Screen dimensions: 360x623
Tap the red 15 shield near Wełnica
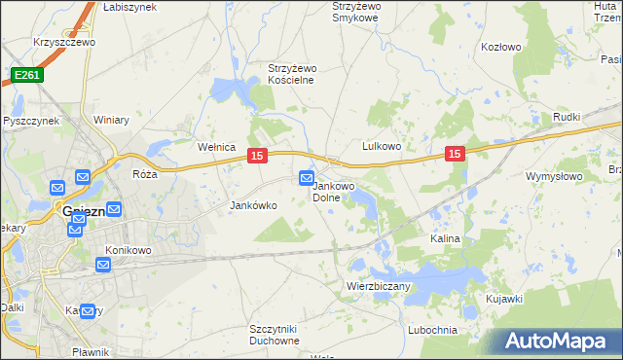256,155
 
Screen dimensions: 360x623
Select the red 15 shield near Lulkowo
455,153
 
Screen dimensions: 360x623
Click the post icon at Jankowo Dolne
306,178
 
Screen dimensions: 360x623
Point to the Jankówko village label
254,206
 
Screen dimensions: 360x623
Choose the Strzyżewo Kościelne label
293,74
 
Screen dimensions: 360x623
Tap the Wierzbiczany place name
379,287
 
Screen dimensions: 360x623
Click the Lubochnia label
434,330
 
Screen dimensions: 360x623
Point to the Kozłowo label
502,46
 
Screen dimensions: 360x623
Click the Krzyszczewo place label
63,43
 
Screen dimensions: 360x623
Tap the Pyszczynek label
31,121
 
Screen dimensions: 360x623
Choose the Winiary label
112,121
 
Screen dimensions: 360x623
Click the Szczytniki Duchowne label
259,336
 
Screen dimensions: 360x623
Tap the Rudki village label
566,118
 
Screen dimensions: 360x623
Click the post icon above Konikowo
104,264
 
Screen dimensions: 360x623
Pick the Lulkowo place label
383,146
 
